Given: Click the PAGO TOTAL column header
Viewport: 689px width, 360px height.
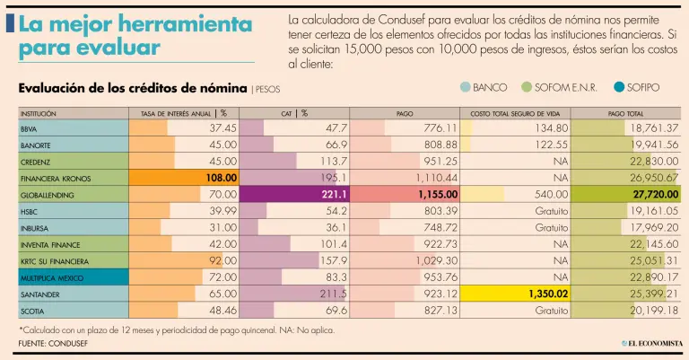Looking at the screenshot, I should click(x=625, y=113).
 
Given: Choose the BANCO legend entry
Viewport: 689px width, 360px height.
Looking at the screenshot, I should click(x=484, y=87).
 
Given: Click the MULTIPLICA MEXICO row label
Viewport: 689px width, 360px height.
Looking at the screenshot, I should click(x=51, y=277).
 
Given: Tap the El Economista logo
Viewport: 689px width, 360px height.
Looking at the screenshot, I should click(x=653, y=343).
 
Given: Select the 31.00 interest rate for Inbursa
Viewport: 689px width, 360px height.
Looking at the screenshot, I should click(x=222, y=227).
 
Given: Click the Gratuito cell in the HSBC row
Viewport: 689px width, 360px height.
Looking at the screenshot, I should click(x=551, y=211).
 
